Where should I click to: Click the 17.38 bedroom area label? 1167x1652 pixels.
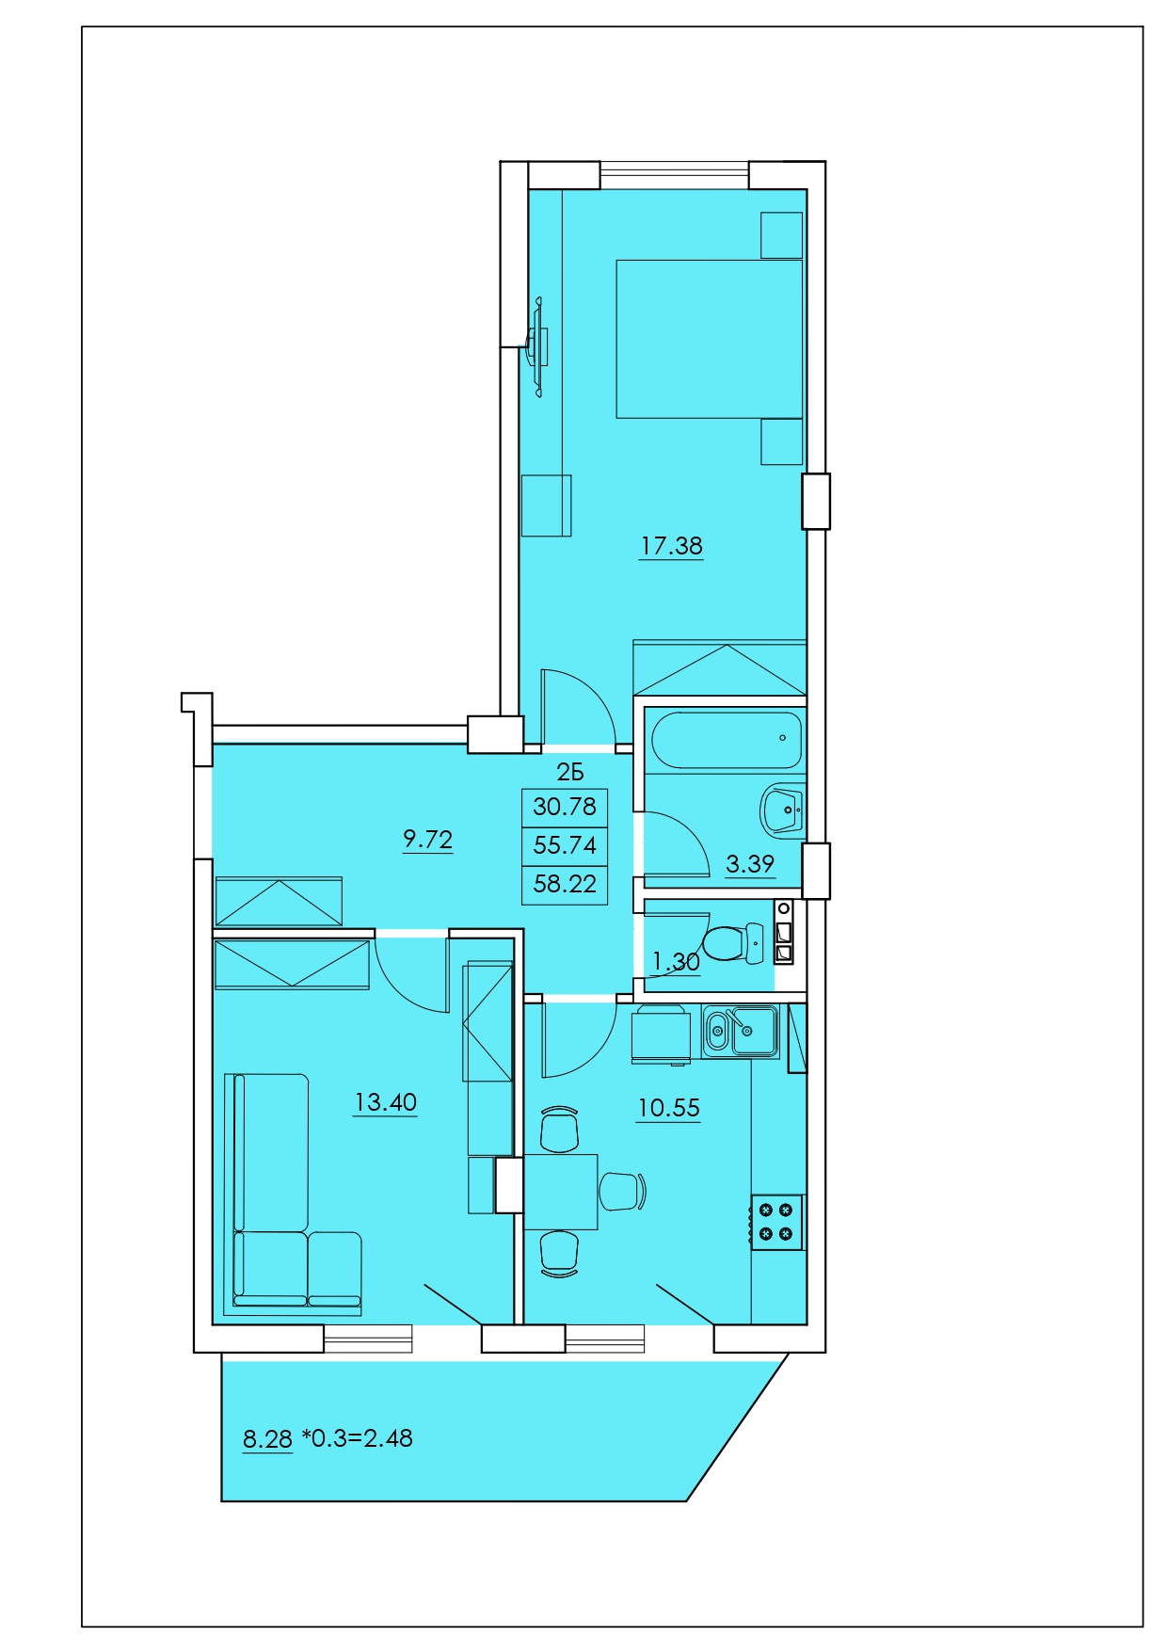click(x=671, y=546)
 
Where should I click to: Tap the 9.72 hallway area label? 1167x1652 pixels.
click(x=428, y=839)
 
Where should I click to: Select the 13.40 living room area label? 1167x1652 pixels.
click(x=385, y=1102)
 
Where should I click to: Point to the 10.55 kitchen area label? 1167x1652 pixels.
click(x=668, y=1108)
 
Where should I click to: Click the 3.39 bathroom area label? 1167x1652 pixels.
click(x=750, y=864)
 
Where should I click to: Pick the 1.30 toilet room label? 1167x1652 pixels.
click(x=676, y=962)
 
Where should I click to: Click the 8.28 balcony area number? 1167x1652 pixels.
click(x=267, y=1439)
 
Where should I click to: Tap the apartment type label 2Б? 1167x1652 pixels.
click(x=570, y=773)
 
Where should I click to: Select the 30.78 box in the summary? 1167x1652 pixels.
click(x=565, y=807)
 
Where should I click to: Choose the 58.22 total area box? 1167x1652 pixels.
click(x=565, y=885)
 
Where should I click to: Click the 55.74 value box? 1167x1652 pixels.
click(x=565, y=845)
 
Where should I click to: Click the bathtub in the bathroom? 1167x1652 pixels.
click(x=726, y=740)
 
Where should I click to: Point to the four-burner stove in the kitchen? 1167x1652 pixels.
click(x=776, y=1222)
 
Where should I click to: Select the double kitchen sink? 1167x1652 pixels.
click(x=740, y=1032)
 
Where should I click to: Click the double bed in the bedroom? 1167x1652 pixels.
click(x=710, y=339)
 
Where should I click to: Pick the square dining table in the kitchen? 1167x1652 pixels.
click(x=561, y=1192)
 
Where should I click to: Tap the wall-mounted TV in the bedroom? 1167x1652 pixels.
click(x=539, y=346)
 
